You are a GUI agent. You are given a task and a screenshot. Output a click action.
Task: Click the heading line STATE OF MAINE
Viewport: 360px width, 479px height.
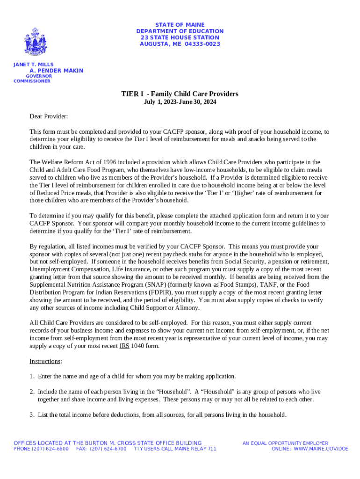(x=180, y=24)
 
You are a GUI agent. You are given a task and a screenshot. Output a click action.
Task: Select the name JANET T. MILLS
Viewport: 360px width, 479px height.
(x=33, y=65)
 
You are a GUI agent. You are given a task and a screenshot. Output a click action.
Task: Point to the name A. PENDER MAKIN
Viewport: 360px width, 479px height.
(x=57, y=71)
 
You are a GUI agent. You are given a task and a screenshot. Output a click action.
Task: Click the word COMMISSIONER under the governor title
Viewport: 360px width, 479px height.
(x=32, y=81)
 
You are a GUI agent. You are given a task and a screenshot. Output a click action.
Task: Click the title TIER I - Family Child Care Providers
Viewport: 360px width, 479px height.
(x=180, y=94)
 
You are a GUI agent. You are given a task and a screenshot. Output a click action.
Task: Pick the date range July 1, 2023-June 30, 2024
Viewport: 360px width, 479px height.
(x=180, y=102)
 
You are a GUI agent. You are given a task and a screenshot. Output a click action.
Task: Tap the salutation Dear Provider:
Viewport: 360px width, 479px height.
(x=49, y=116)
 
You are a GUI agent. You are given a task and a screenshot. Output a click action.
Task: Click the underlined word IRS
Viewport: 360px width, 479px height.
(x=124, y=346)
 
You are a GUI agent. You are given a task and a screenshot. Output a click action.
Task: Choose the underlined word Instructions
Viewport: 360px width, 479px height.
(x=45, y=361)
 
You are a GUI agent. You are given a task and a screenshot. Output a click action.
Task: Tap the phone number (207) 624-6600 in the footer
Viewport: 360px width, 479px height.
(x=50, y=449)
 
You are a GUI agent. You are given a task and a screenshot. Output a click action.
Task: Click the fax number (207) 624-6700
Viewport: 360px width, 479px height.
(x=108, y=449)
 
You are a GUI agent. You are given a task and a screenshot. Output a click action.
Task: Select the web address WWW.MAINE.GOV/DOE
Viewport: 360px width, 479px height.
(x=321, y=449)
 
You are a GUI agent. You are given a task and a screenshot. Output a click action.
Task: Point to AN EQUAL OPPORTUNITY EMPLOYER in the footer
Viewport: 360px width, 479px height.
(x=285, y=443)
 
